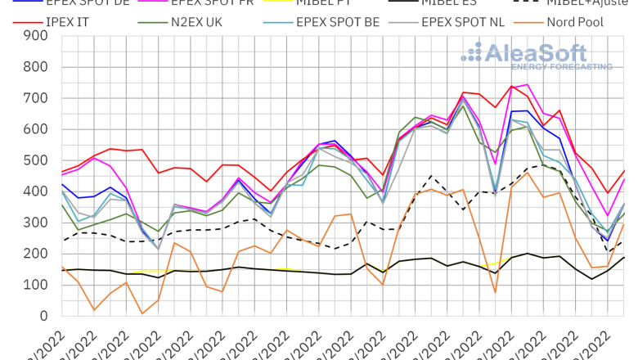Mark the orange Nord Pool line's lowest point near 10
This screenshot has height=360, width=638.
pos(142,313)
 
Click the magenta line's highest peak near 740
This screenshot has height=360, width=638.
pos(528,84)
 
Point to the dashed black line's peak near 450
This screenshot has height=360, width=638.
pos(432,175)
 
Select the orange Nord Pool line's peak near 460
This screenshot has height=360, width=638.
pos(528,173)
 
